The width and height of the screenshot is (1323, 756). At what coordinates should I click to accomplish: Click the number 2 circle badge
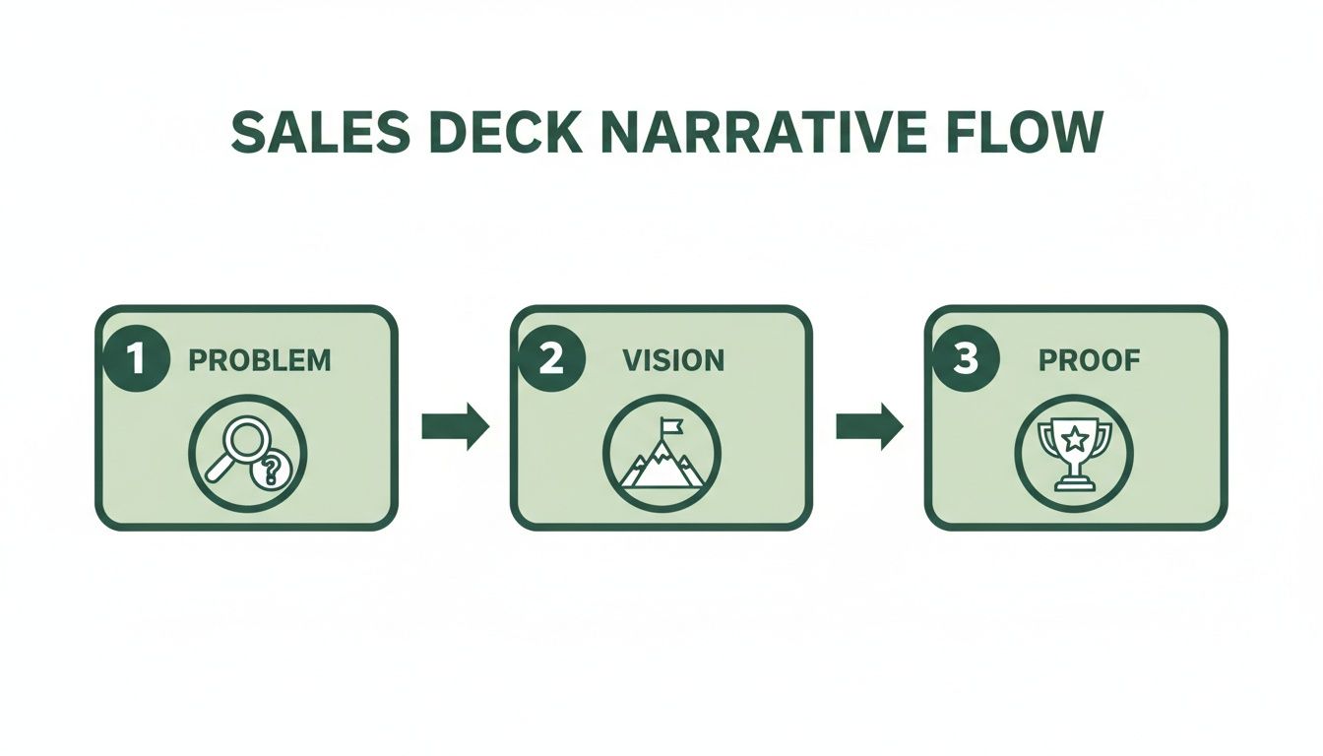click(x=550, y=360)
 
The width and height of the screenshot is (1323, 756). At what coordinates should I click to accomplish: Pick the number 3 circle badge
click(x=966, y=360)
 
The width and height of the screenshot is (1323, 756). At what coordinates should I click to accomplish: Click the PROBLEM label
click(x=260, y=360)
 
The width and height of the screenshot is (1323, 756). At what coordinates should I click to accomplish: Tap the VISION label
click(x=673, y=360)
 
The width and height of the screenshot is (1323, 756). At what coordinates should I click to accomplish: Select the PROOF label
click(x=1089, y=360)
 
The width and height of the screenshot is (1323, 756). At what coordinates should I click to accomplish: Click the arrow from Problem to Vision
click(x=454, y=426)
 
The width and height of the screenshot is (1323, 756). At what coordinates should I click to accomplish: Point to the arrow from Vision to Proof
click(x=869, y=426)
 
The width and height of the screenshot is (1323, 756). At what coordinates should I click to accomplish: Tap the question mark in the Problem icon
click(x=271, y=472)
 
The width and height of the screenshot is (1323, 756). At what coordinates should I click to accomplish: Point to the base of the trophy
click(x=1075, y=482)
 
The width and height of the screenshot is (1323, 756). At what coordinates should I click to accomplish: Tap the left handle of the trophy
click(x=1047, y=440)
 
